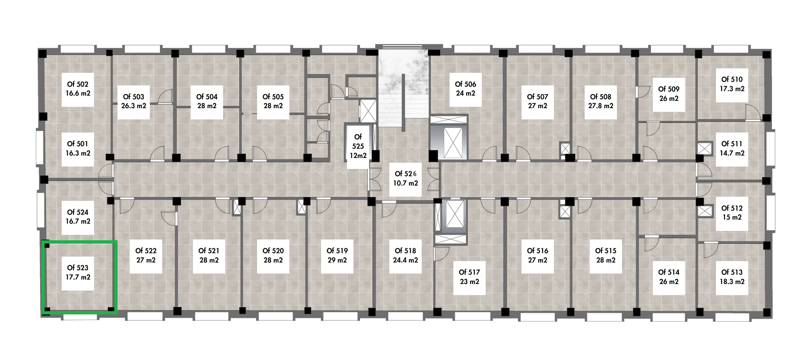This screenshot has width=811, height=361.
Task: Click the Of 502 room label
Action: click(x=78, y=89)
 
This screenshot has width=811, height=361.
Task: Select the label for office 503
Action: click(x=134, y=101)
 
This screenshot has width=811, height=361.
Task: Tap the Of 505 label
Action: click(x=273, y=101)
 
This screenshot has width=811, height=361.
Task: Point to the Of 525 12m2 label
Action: click(x=358, y=146)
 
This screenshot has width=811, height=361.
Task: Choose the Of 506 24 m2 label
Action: click(x=465, y=89)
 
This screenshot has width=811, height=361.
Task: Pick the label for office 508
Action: click(x=601, y=101)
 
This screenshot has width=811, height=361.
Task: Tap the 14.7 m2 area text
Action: click(x=732, y=153)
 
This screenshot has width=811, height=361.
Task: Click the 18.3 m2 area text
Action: click(x=732, y=282)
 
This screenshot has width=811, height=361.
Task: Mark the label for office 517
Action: click(x=469, y=277)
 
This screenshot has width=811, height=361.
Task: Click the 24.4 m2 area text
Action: click(x=405, y=260)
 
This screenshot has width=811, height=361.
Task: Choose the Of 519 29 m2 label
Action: click(x=337, y=255)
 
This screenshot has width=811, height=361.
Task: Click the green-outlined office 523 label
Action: click(x=78, y=273)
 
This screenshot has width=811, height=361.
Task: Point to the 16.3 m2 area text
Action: click(x=78, y=153)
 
